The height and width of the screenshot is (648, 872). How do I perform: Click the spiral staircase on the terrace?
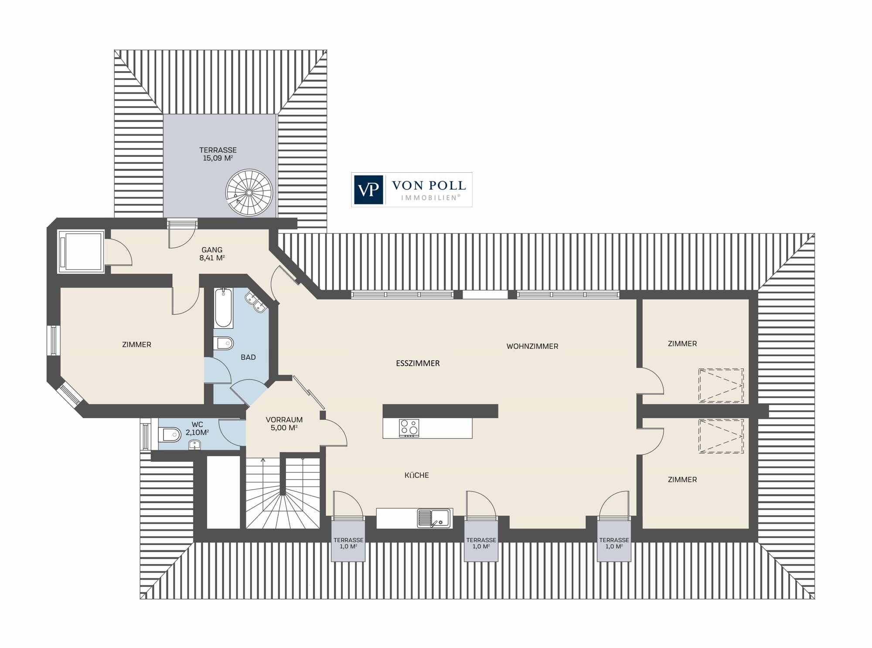pyautogui.click(x=249, y=192)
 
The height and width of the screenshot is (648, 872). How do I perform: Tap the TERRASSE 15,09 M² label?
pyautogui.click(x=218, y=154)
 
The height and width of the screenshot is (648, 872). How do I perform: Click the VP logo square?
pyautogui.click(x=368, y=190)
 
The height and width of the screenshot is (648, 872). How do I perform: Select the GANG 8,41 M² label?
pyautogui.click(x=212, y=254)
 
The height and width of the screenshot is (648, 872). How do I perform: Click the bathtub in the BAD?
pyautogui.click(x=223, y=308)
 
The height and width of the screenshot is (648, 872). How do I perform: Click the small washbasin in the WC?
pyautogui.click(x=194, y=445)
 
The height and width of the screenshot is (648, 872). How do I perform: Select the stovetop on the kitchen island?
pyautogui.click(x=409, y=428)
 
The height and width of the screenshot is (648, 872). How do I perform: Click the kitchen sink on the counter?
pyautogui.click(x=434, y=518)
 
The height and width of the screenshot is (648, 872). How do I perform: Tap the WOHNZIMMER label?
pyautogui.click(x=532, y=346)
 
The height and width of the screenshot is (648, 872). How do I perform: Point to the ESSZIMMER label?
pyautogui.click(x=418, y=363)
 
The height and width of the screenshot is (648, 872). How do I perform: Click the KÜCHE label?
pyautogui.click(x=417, y=475)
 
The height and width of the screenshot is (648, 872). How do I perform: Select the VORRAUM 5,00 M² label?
pyautogui.click(x=284, y=424)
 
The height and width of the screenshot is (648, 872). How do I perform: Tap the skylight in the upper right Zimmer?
pyautogui.click(x=721, y=386)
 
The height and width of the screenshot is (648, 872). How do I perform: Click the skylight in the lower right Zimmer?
pyautogui.click(x=721, y=437)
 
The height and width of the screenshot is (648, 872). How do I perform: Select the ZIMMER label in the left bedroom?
pyautogui.click(x=137, y=344)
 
